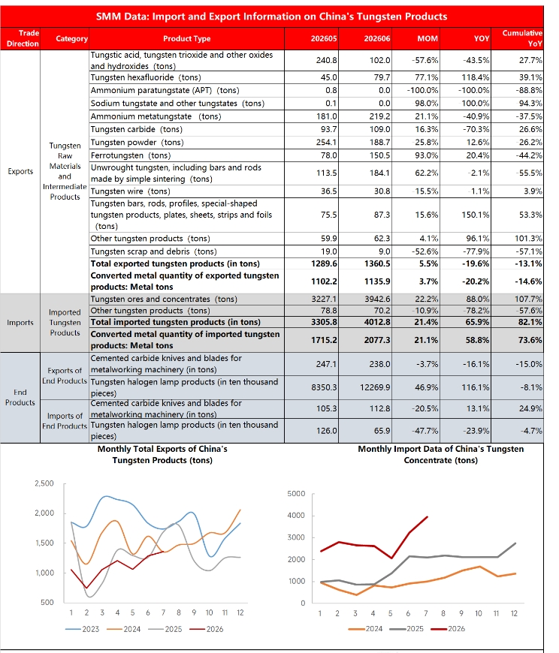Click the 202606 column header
pyautogui.click(x=377, y=39)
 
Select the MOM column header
pyautogui.click(x=428, y=39)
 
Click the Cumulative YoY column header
pyautogui.click(x=522, y=38)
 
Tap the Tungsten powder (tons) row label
pyautogui.click(x=137, y=143)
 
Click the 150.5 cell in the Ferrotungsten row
pyautogui.click(x=379, y=155)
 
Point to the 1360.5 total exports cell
pyautogui.click(x=377, y=263)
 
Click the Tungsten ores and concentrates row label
pyautogui.click(x=164, y=299)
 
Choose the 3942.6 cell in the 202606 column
pyautogui.click(x=377, y=299)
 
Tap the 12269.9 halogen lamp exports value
pyautogui.click(x=375, y=387)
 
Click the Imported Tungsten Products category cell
pyautogui.click(x=65, y=322)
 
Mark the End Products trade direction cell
pyautogui.click(x=20, y=397)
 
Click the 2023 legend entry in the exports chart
pyautogui.click(x=82, y=629)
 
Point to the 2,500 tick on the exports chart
pyautogui.click(x=44, y=483)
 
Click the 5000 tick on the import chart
pyautogui.click(x=296, y=493)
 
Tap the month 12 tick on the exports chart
pyautogui.click(x=240, y=612)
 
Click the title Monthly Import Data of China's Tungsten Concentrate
pyautogui.click(x=440, y=454)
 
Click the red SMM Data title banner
pyautogui.click(x=272, y=17)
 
